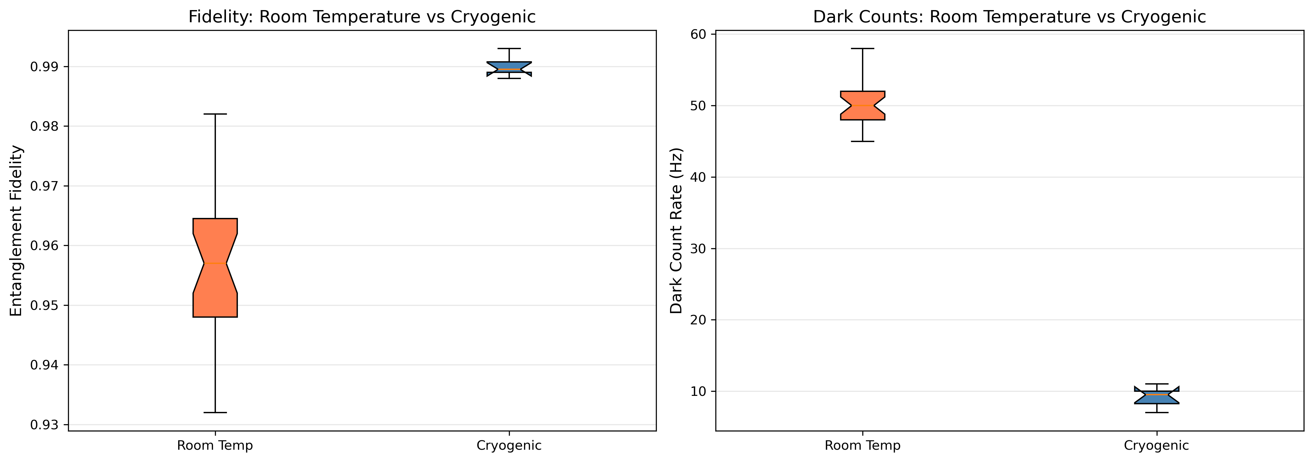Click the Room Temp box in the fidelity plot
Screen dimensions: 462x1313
click(215, 268)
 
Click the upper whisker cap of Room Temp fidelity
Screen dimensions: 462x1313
click(215, 114)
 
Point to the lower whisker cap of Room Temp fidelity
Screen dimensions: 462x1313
click(215, 412)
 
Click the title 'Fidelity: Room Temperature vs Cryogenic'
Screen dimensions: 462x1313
click(362, 17)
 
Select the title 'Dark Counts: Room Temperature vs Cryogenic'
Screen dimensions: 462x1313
click(1009, 17)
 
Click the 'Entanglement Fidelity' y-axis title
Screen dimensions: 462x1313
click(16, 231)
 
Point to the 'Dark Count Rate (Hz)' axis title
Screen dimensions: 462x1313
click(676, 231)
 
